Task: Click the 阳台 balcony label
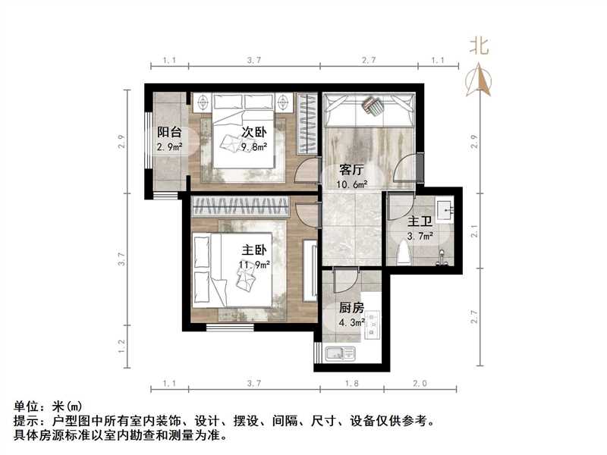[169, 131]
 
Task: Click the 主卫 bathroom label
[420, 222]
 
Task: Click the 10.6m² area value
[353, 184]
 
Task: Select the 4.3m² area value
[351, 322]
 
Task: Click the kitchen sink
[339, 353]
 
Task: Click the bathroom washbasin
[445, 209]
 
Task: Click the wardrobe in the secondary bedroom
[306, 125]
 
